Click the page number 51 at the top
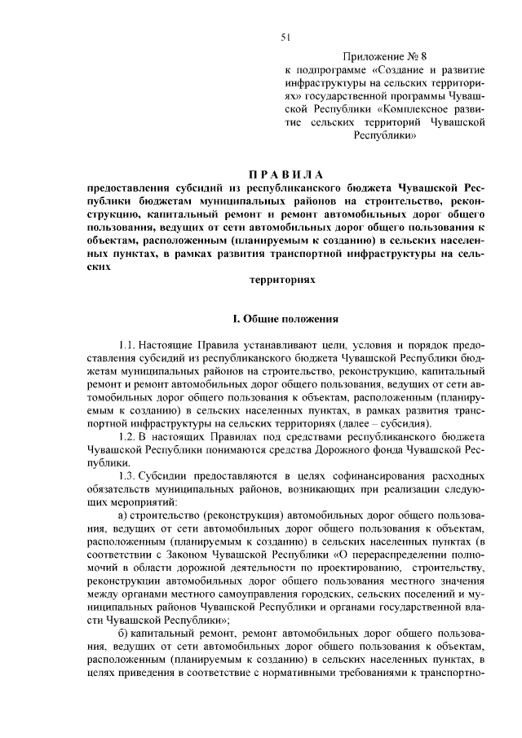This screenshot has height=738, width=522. tap(285, 37)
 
